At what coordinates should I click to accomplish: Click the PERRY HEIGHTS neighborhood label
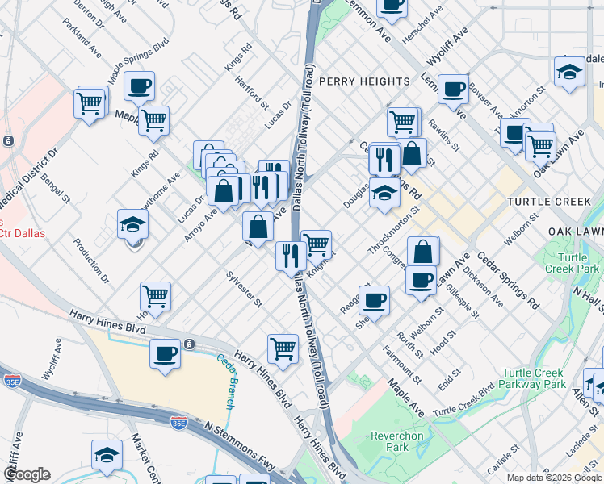(364, 81)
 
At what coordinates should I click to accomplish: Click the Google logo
(27, 474)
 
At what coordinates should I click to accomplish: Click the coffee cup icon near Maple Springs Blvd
(139, 85)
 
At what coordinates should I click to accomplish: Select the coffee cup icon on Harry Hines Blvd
(165, 353)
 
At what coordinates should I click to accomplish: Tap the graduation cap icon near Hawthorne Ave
(133, 223)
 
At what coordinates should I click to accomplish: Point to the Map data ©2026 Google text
(554, 477)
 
